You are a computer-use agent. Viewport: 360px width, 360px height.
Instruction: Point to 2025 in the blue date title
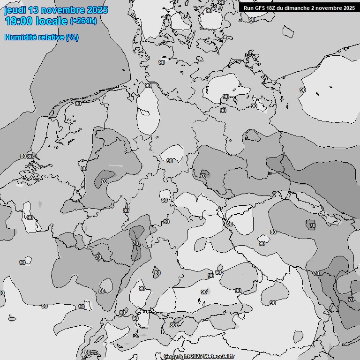[97, 10]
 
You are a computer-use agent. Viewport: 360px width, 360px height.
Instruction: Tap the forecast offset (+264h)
[83, 21]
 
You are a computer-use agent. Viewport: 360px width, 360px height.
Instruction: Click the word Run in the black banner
[248, 8]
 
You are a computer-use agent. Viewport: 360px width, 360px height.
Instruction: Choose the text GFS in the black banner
[260, 8]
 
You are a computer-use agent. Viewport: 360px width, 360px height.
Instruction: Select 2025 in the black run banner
[349, 8]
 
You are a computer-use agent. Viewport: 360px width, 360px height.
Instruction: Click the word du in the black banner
[281, 8]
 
